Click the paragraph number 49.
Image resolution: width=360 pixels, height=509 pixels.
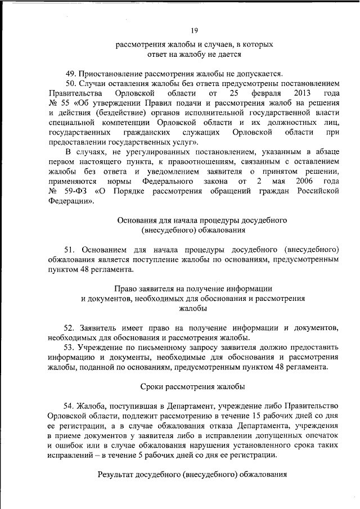click(x=71, y=73)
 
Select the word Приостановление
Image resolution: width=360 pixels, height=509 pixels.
click(x=111, y=73)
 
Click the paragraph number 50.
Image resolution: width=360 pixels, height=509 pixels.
click(x=71, y=83)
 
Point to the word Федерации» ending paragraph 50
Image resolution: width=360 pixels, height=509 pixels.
click(x=71, y=200)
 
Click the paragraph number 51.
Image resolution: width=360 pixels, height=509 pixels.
click(x=71, y=249)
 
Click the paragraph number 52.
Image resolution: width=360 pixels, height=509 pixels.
click(x=71, y=327)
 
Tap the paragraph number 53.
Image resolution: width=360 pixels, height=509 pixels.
click(x=71, y=347)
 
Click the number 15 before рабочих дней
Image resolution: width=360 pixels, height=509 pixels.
click(x=258, y=416)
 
